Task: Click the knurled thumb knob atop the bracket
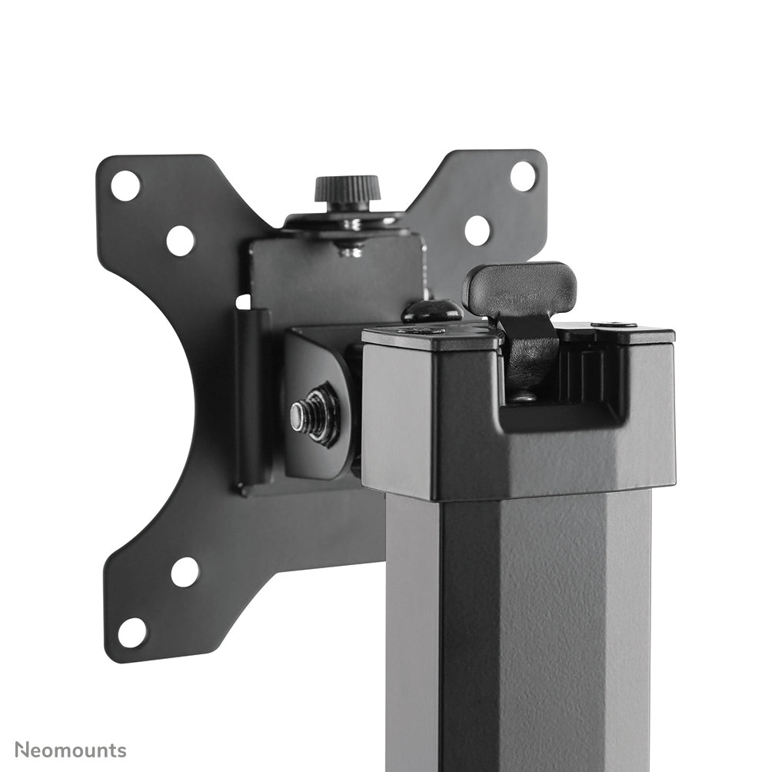point(347,189)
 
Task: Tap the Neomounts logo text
point(71,750)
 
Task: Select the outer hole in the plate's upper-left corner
point(125,185)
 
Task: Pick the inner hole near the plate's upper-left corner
point(180,241)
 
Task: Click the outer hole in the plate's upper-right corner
point(523,176)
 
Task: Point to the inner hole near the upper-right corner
point(477,230)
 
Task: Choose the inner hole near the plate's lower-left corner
point(185,571)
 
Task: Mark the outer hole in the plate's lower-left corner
point(131,632)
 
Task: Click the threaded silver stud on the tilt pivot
point(301,416)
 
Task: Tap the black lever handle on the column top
point(520,288)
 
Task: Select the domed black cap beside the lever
point(431,311)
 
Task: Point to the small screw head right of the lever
point(614,325)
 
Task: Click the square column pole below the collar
point(523,631)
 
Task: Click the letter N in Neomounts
point(23,750)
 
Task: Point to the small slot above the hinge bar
point(243,301)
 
